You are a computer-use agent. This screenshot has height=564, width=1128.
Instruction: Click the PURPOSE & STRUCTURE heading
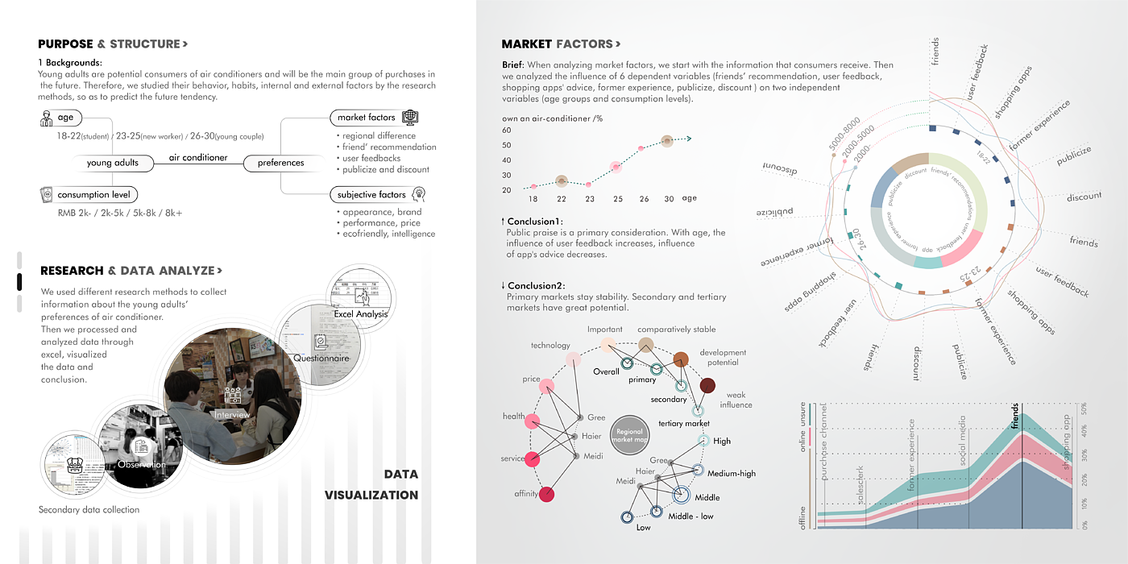(x=113, y=44)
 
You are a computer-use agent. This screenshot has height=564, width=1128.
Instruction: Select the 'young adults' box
(x=113, y=163)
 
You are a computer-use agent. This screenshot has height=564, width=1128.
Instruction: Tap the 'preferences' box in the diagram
(x=280, y=163)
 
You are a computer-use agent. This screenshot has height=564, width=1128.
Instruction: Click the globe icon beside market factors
(x=409, y=118)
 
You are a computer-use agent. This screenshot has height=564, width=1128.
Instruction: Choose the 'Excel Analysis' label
(x=360, y=313)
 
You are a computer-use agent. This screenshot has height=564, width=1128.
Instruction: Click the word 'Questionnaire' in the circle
(x=321, y=358)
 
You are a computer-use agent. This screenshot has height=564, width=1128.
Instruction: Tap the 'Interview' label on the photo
(x=232, y=414)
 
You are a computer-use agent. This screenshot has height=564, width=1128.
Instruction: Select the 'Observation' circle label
(x=142, y=464)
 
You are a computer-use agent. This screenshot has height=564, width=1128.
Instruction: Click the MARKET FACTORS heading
(x=561, y=44)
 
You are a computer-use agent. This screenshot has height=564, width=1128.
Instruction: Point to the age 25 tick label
(x=616, y=198)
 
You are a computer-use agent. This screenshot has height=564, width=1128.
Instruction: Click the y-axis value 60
(x=507, y=130)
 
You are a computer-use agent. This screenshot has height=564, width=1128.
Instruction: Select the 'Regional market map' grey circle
(x=630, y=436)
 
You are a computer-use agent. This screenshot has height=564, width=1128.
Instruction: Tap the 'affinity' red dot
(x=546, y=494)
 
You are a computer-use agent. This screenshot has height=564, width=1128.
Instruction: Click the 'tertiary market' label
(x=684, y=423)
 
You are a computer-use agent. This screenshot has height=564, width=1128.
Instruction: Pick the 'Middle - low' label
(x=690, y=516)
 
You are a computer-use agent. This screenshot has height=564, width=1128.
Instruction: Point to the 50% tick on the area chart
(x=1084, y=407)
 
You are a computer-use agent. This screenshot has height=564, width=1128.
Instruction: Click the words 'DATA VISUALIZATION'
(x=372, y=484)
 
